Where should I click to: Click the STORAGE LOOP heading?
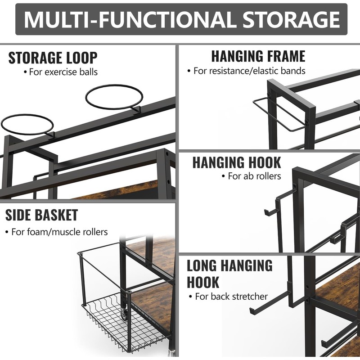pyautogui.click(x=53, y=58)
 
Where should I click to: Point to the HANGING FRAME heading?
pyautogui.click(x=258, y=56)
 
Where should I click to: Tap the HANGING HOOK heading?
pyautogui.click(x=237, y=162)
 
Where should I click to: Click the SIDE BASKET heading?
pyautogui.click(x=41, y=215)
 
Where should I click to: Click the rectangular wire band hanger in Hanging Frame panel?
pyautogui.click(x=279, y=115)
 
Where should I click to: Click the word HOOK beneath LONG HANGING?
pyautogui.click(x=203, y=282)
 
